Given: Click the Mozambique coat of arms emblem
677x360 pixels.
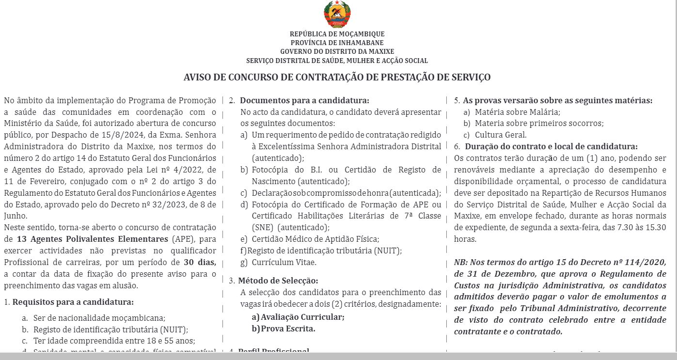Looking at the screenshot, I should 337,15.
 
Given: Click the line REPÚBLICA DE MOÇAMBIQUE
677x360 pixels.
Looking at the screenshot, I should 337,34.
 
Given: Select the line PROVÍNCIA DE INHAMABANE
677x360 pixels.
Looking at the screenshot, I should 337,43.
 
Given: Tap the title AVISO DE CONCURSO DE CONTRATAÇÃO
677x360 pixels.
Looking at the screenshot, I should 337,77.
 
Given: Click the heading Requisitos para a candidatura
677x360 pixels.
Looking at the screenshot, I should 73,302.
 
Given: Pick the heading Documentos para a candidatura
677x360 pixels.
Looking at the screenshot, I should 304,100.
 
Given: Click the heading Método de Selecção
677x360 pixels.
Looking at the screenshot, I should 278,281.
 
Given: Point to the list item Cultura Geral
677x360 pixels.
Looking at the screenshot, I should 501,135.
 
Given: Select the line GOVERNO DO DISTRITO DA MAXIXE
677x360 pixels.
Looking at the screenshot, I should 337,51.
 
